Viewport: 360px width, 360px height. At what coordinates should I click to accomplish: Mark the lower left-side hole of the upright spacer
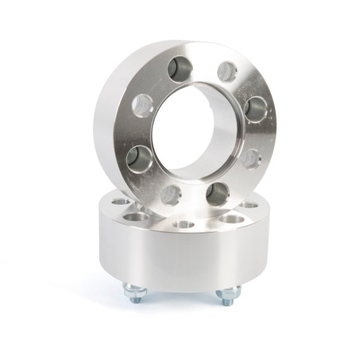point(140,157)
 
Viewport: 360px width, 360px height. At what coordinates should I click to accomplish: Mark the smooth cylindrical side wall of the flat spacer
point(180,258)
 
